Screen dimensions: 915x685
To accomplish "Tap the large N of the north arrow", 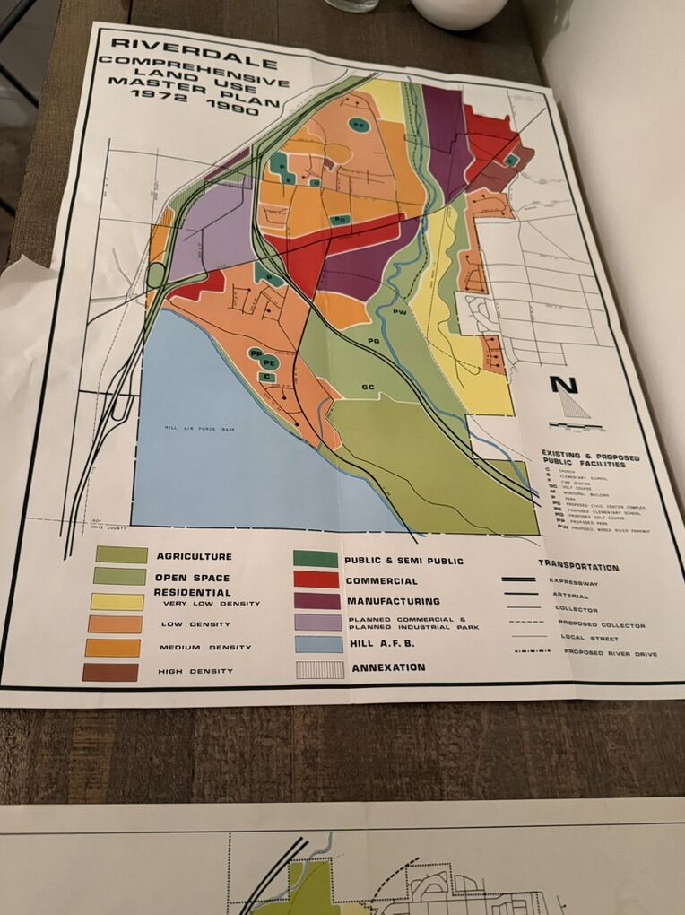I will click(564, 386).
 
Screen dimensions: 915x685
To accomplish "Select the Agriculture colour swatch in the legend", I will click(121, 555).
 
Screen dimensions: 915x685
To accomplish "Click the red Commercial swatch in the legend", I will click(316, 579).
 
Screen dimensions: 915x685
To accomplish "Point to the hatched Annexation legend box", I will click(320, 669).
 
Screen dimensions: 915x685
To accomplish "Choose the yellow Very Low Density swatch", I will click(117, 602).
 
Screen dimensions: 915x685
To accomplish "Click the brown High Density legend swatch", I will click(109, 672).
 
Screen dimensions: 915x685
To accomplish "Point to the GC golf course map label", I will click(368, 387).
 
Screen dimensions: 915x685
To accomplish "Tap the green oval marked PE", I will click(268, 362).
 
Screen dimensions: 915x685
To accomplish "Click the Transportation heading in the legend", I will click(578, 567).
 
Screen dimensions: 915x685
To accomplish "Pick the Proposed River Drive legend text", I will click(610, 654).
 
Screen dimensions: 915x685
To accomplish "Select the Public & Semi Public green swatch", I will click(316, 558).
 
